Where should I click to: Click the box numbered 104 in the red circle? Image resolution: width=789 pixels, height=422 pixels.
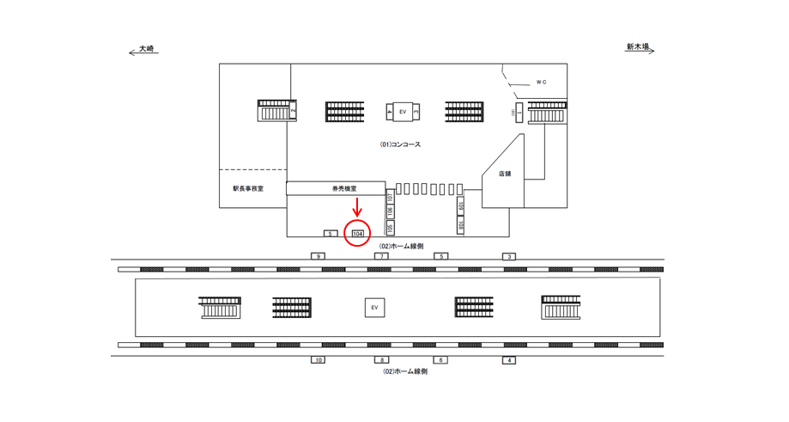click(x=357, y=233)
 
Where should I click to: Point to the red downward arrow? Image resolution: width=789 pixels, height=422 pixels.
click(x=357, y=209)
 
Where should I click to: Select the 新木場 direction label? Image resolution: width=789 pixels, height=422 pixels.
click(x=638, y=50)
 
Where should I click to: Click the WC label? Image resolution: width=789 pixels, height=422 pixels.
click(x=541, y=83)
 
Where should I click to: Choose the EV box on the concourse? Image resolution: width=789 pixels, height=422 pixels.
click(x=403, y=112)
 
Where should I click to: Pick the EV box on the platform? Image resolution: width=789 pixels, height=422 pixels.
click(x=373, y=307)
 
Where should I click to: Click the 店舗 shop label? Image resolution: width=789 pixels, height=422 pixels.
click(x=504, y=174)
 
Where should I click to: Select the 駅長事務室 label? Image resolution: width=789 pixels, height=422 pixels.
click(x=248, y=188)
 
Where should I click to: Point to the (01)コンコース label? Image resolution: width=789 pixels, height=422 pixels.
click(x=400, y=144)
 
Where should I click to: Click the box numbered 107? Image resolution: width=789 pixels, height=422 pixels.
click(x=390, y=196)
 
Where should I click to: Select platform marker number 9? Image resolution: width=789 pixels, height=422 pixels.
click(x=319, y=256)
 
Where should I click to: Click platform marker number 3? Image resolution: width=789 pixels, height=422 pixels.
click(x=509, y=256)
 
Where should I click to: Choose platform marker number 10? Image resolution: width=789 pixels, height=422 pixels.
click(x=319, y=360)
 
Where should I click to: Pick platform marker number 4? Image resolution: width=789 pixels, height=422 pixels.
click(x=509, y=360)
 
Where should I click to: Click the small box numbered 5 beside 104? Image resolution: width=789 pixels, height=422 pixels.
click(x=329, y=233)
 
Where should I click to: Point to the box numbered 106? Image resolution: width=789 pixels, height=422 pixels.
click(x=390, y=212)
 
